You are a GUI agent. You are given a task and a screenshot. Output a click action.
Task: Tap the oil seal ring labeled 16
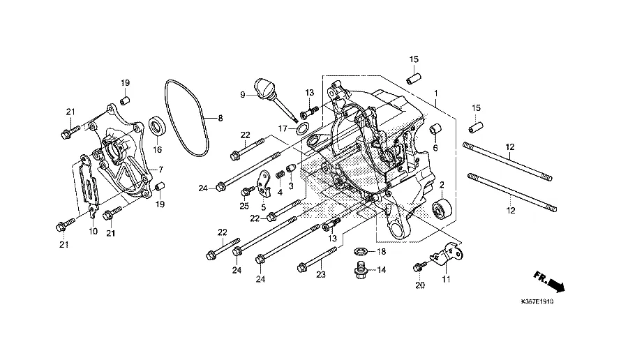[x=158, y=126]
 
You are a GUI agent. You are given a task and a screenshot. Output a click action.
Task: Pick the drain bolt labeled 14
[x=360, y=270]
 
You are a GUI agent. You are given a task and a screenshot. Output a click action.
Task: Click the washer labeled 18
[x=361, y=251]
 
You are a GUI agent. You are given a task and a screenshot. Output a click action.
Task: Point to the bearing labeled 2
[x=442, y=208]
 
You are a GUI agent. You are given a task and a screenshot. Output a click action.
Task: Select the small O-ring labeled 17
[x=303, y=128]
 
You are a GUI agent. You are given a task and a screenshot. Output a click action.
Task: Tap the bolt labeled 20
[x=420, y=266]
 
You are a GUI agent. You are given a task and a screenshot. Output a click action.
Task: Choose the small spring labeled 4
[x=280, y=174]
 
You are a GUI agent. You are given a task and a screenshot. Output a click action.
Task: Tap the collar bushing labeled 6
[x=435, y=130]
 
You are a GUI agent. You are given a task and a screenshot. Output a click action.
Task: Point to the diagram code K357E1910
[x=537, y=302]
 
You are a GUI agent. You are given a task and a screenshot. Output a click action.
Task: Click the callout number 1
[x=436, y=93]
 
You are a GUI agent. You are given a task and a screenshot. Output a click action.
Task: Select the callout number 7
[x=160, y=170]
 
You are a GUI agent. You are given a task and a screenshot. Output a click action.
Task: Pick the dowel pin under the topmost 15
[x=414, y=78]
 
